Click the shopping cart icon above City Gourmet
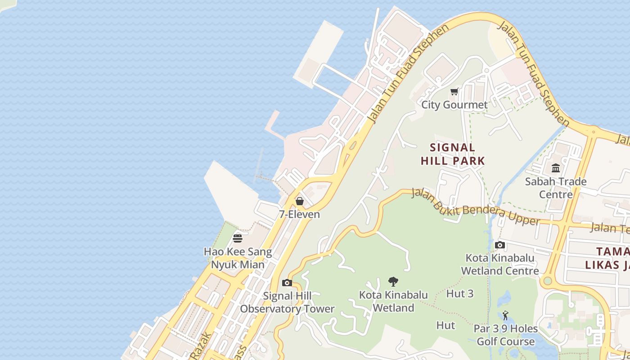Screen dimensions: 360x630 coord(454,92)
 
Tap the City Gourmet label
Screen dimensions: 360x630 coord(454,105)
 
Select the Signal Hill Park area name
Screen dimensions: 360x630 coord(453,154)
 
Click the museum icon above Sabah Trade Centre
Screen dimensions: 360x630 coord(556,168)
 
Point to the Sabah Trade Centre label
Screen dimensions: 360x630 coord(556,188)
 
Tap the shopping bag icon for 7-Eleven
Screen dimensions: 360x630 coord(299,201)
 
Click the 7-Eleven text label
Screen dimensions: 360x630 coord(299,214)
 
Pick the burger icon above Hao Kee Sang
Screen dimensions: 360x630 coord(238,238)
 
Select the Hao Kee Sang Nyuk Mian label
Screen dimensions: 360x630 coord(238,258)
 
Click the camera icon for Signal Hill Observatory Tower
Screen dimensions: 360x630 coord(287,283)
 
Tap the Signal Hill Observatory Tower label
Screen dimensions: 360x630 coord(287,302)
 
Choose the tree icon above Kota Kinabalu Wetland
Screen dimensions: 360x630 coord(393,282)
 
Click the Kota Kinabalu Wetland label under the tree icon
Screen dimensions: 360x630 coord(393,301)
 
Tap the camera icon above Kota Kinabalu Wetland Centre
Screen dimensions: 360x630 coord(499,245)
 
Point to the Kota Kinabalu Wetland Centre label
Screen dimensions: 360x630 coord(499,265)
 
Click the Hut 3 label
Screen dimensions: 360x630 coord(460,294)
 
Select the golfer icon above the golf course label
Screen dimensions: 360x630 coord(505,315)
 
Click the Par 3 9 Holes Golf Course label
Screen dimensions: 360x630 coord(505,335)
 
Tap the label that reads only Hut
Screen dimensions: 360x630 coord(445,325)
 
